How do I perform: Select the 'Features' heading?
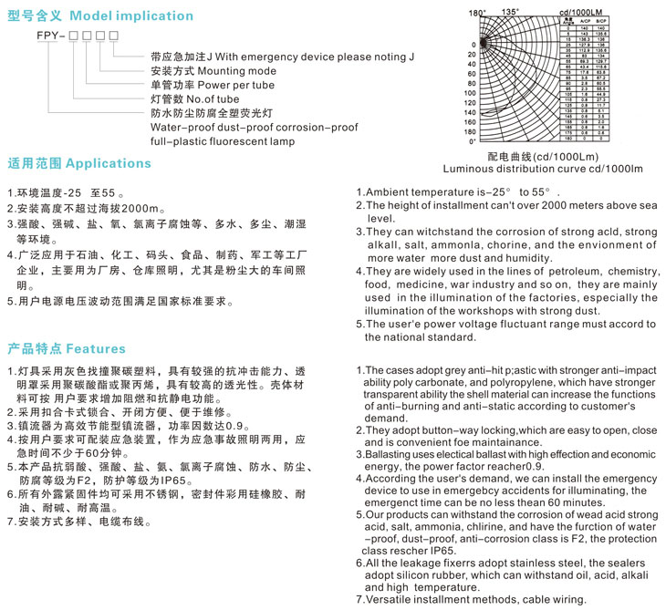point(96,348)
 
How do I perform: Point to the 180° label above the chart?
point(476,13)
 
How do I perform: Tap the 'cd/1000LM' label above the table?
point(583,12)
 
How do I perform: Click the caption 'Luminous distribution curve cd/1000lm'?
point(543,169)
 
